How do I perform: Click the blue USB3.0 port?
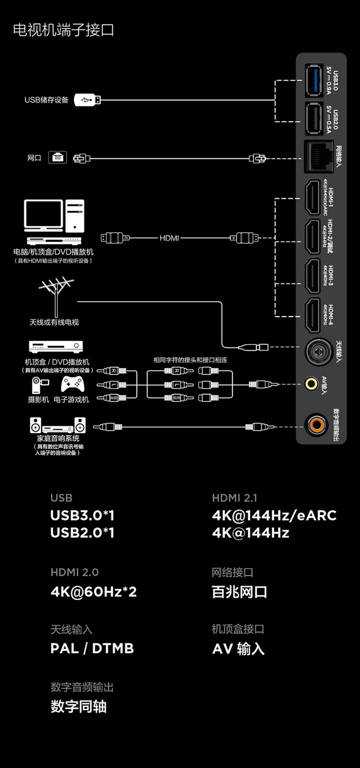[x=313, y=81]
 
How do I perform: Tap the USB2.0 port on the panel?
[x=313, y=118]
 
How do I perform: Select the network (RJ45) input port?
[x=319, y=157]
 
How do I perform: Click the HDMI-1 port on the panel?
[x=313, y=197]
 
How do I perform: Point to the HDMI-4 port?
[x=313, y=315]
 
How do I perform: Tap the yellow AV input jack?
[x=312, y=383]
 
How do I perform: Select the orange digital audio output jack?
[x=317, y=424]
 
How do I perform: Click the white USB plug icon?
[x=87, y=100]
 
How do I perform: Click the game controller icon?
[x=72, y=384]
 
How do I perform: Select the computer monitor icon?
[x=44, y=215]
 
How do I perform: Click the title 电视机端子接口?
[x=63, y=30]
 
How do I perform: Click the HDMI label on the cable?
[x=169, y=238]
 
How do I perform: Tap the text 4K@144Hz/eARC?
[x=274, y=515]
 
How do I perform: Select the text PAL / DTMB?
[x=92, y=649]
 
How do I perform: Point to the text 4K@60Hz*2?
[x=94, y=591]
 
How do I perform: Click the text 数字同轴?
[x=79, y=706]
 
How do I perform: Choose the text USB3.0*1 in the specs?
[x=83, y=515]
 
